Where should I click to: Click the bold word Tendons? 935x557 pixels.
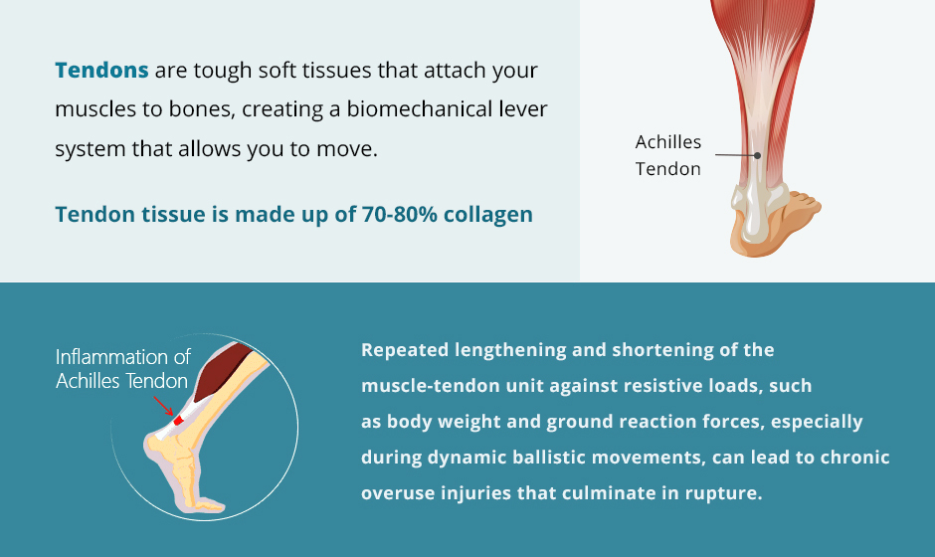coord(101,71)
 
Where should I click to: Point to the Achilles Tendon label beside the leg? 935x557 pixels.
coord(667,155)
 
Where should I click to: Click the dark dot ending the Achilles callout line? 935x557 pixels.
coord(757,155)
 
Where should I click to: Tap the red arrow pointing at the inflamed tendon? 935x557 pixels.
coord(163,406)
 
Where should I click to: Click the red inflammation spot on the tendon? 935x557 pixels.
coord(178,421)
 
